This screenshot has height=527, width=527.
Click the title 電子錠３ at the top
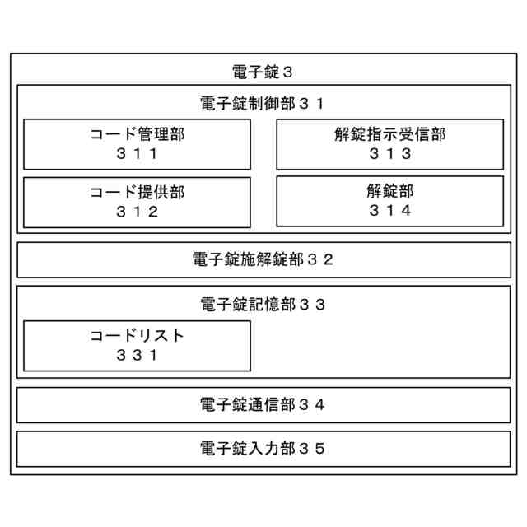pyautogui.click(x=263, y=72)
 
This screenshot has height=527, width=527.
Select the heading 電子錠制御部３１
pyautogui.click(x=263, y=104)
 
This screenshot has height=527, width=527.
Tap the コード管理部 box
pyautogui.click(x=137, y=144)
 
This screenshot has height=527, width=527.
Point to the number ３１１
pyautogui.click(x=137, y=154)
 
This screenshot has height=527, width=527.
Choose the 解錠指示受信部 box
pyautogui.click(x=389, y=144)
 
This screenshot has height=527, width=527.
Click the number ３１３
pyautogui.click(x=389, y=154)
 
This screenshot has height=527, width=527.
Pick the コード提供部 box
pyautogui.click(x=137, y=202)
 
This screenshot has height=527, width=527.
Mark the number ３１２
pyautogui.click(x=137, y=212)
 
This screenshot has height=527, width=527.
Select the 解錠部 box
pyautogui.click(x=389, y=202)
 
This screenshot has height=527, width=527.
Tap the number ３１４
pyautogui.click(x=389, y=212)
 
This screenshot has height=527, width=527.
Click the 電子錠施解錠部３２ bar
pyautogui.click(x=263, y=259)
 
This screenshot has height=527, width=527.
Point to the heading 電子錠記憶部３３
pyautogui.click(x=263, y=305)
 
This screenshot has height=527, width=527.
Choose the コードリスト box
pyautogui.click(x=137, y=346)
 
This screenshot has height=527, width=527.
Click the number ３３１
pyautogui.click(x=137, y=356)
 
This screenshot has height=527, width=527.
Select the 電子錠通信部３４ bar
pyautogui.click(x=263, y=404)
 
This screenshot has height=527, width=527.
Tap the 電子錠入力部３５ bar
pyautogui.click(x=263, y=449)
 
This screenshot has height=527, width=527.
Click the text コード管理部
pyautogui.click(x=137, y=134)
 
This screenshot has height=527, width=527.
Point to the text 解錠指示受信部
pyautogui.click(x=389, y=134)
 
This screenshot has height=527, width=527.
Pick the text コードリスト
pyautogui.click(x=137, y=336)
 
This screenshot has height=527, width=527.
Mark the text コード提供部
pyautogui.click(x=137, y=192)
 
